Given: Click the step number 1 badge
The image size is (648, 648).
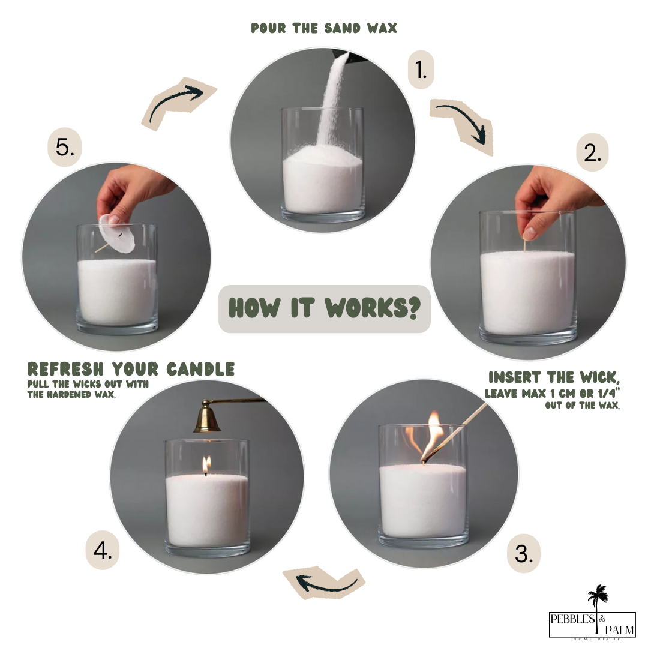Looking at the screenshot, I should tap(421, 70).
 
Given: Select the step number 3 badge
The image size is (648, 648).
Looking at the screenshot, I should tap(523, 554).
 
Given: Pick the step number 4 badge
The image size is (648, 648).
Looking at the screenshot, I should tap(102, 550).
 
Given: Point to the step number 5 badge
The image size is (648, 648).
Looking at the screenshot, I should tap(64, 147).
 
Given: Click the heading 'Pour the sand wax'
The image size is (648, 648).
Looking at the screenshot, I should tap(324, 28).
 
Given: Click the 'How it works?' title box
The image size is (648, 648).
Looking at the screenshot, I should tap(324, 308).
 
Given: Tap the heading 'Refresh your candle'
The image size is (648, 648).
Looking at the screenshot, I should tap(131, 369).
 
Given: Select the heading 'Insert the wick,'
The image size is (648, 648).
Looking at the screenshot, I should tap(554, 377).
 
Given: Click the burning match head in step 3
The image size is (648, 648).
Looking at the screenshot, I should tap(425, 459).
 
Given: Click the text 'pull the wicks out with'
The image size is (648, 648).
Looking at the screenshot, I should tap(88, 384).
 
